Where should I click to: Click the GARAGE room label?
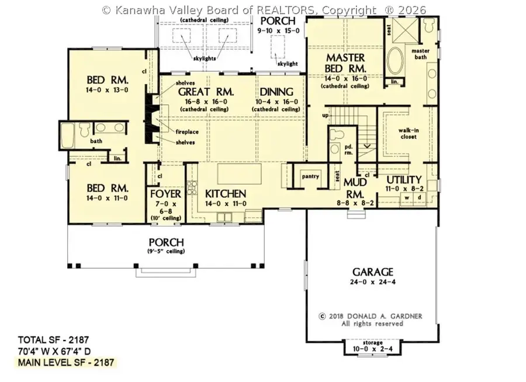click(x=372, y=272)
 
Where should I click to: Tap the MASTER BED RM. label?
click(x=345, y=63)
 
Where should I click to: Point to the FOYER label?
click(x=166, y=194)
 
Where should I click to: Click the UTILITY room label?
click(x=404, y=179)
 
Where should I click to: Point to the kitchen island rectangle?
click(x=241, y=174)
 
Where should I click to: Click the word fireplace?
click(x=187, y=132)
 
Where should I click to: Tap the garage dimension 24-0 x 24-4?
click(x=372, y=283)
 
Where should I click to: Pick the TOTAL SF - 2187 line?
click(x=53, y=339)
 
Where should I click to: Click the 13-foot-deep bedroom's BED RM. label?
click(x=108, y=80)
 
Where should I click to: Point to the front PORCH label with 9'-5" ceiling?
click(x=167, y=242)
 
